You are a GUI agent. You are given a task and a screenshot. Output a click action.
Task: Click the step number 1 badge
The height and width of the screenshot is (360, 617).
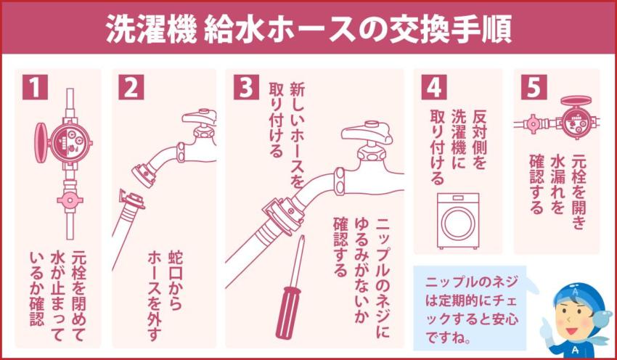click(x=35, y=87)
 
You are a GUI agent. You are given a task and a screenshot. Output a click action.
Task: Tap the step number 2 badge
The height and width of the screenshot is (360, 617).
click(x=131, y=87)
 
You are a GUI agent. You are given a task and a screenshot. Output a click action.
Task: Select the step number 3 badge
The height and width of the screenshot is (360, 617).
click(x=243, y=87)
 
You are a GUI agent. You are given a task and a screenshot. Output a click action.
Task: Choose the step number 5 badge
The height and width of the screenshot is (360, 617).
click(x=533, y=87)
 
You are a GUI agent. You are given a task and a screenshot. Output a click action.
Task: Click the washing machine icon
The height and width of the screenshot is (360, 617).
click(x=458, y=220)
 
